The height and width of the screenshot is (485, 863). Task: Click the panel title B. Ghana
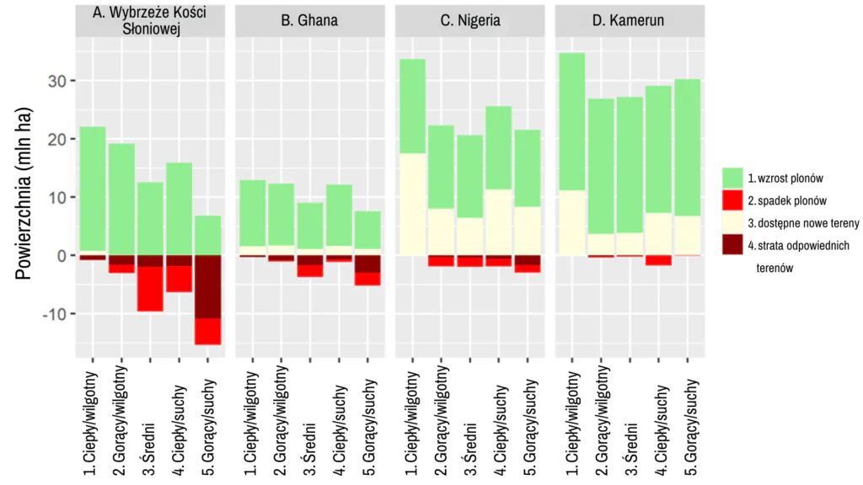coord(309,20)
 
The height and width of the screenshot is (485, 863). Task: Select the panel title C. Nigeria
coord(469,20)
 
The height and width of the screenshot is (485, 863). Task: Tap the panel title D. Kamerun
coord(630,20)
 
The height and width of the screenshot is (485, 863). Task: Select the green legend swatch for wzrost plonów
coord(732,178)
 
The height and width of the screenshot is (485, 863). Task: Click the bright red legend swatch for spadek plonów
coord(732,200)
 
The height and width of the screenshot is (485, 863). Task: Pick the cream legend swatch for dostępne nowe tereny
coord(732,223)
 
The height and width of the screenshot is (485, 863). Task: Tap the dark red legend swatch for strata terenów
coord(732,246)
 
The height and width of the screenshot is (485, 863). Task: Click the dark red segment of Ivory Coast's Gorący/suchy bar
coord(207,286)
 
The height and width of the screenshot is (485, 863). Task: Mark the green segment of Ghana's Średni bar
coord(309,226)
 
